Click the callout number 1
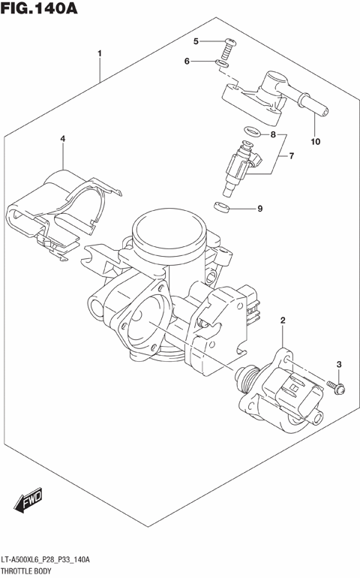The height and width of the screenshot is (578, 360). point(99,54)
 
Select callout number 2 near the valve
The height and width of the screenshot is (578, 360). point(283,322)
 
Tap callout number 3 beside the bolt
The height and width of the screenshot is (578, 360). point(338,365)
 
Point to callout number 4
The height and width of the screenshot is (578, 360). point(63,139)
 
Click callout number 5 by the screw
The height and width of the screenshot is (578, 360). point(195,41)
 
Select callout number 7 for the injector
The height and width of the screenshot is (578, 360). point(291,156)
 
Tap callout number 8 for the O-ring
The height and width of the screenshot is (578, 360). point(274,135)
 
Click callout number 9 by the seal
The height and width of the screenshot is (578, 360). point(260,209)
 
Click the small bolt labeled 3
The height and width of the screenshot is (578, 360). point(334,387)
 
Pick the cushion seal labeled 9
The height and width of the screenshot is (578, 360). point(221,206)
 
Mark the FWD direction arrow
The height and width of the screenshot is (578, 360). point(29,501)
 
